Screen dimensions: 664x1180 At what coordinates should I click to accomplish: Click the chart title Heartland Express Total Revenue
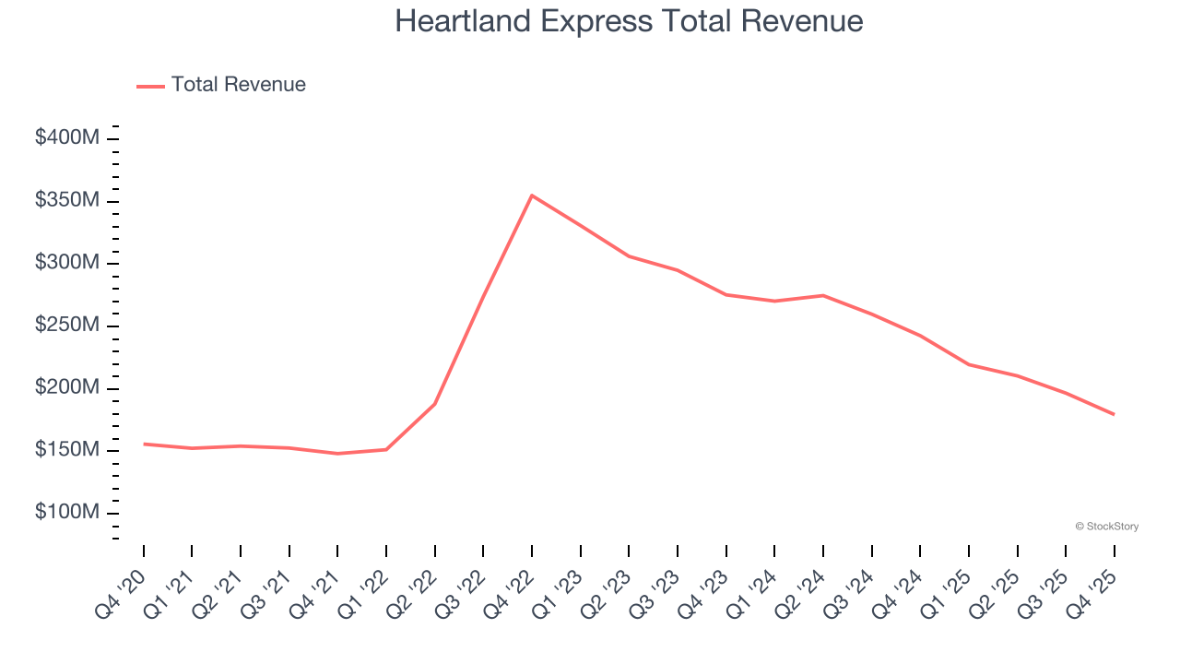[x=629, y=21]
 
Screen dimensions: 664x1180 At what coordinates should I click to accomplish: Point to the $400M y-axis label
[x=67, y=138]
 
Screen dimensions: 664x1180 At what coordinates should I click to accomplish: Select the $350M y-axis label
[x=67, y=201]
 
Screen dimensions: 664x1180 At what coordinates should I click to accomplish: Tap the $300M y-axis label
[x=67, y=263]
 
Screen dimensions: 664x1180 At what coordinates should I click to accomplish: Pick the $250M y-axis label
[x=67, y=326]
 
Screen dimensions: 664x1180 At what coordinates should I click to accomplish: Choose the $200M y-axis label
[x=67, y=388]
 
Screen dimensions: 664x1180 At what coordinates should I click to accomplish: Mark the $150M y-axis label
[x=67, y=450]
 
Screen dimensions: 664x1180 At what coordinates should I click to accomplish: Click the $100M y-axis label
[x=67, y=513]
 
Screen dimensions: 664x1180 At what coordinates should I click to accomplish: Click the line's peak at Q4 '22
[x=532, y=196]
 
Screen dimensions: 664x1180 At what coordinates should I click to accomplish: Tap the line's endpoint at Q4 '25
[x=1114, y=414]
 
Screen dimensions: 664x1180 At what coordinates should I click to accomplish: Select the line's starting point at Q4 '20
[x=144, y=444]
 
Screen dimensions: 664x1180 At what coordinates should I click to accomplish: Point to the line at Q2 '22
[x=434, y=404]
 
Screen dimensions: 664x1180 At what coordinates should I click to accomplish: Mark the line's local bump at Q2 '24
[x=822, y=295]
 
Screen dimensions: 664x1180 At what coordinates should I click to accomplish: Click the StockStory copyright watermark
[x=1106, y=527]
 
